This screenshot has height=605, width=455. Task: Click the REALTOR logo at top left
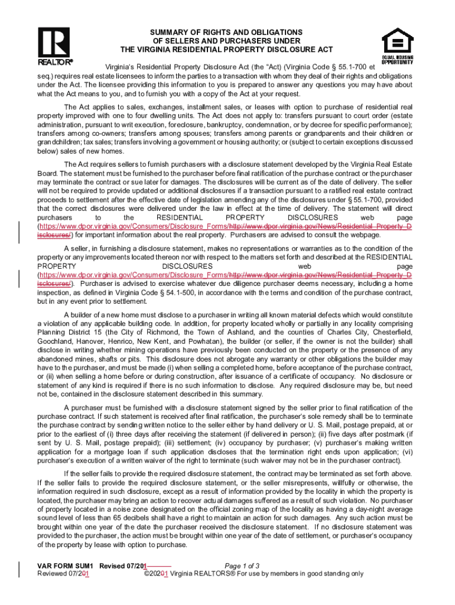click(54, 45)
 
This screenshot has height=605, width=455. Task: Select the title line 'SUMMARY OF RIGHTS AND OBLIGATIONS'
click(227, 31)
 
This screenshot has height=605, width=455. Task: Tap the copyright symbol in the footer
click(147, 574)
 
